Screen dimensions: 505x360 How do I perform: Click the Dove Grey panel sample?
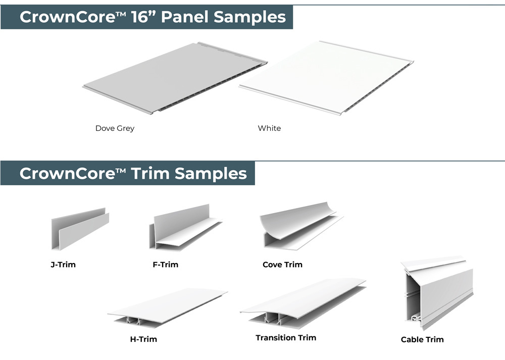pos(175,78)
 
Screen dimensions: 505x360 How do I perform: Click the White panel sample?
pos(326,78)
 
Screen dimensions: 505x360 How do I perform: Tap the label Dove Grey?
pos(115,128)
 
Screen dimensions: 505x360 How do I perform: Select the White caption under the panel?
pos(269,128)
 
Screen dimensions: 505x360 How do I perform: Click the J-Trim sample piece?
pos(80,229)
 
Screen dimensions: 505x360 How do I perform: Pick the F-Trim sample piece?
pos(185,227)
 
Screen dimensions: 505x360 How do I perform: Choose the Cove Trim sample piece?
pos(301,226)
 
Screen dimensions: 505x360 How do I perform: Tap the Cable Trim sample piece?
pos(437,292)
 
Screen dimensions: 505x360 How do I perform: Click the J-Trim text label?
pos(63,265)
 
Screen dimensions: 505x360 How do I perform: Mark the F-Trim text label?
pos(166,265)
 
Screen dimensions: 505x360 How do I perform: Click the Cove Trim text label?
pos(282,265)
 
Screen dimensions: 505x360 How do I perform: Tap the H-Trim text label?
pos(143,339)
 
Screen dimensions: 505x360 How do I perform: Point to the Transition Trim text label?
pos(286,338)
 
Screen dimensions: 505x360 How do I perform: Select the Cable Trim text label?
pos(422,339)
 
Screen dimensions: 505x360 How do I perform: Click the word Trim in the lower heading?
pos(150,173)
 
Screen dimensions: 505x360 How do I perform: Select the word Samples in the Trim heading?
pos(211,174)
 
